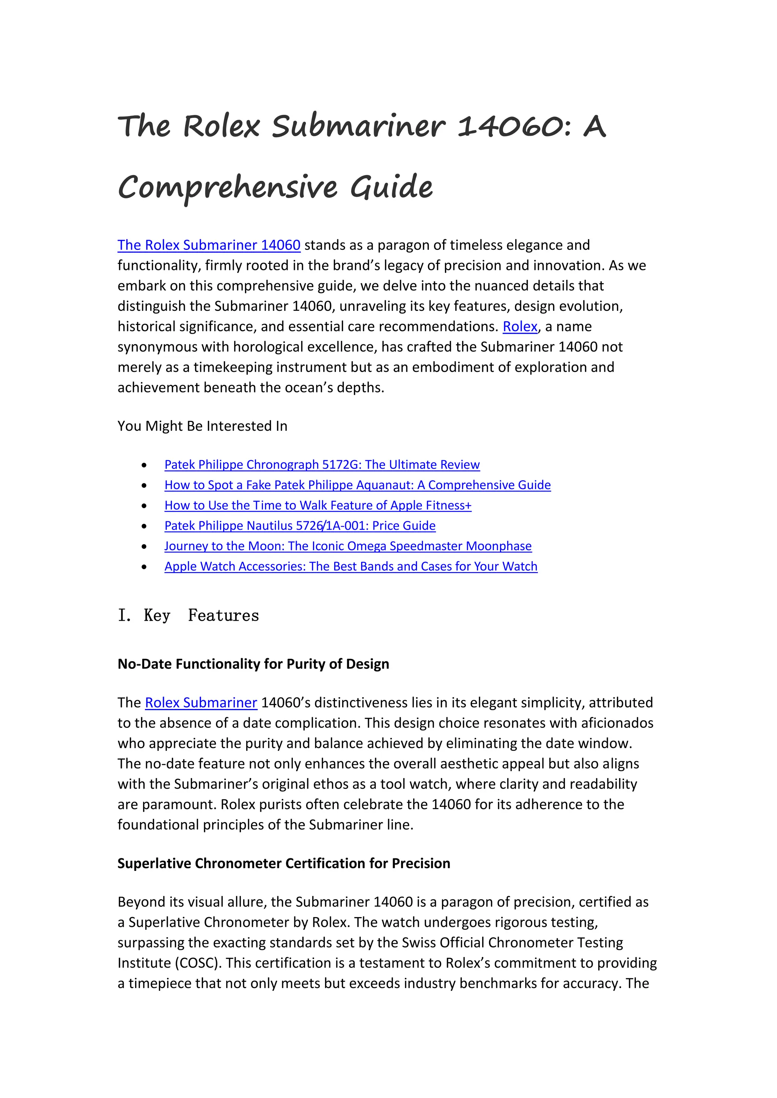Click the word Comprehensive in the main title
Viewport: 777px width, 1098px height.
pos(227,187)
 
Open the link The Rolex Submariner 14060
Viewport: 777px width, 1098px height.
pos(209,245)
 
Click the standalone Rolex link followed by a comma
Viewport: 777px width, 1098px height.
pos(520,326)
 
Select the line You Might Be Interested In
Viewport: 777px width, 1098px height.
pos(202,426)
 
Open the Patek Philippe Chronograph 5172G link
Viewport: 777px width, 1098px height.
pos(321,465)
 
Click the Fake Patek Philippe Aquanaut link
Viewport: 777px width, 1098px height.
pos(357,485)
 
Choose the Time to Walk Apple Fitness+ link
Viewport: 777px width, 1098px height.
pos(318,505)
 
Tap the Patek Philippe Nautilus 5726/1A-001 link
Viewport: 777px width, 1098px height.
pos(299,525)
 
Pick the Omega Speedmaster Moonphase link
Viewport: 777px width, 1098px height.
pos(348,546)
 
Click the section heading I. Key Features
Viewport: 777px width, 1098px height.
pos(188,615)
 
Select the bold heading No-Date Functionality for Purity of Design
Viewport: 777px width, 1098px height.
pos(253,664)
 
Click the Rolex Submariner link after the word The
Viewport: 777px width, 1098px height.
pos(201,703)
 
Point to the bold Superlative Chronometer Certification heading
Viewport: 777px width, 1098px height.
pos(284,864)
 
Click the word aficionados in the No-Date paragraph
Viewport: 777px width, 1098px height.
pos(617,723)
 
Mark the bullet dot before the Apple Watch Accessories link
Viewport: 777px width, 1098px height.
pos(144,567)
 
